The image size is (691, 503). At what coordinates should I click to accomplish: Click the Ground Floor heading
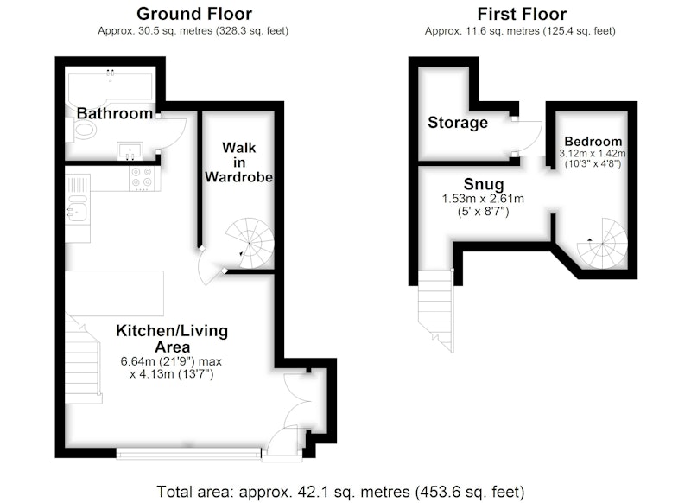coord(193,14)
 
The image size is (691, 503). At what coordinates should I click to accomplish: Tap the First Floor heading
coord(522,14)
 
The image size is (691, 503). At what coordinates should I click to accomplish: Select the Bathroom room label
coord(115,113)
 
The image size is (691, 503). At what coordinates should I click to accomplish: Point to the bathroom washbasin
coord(130,150)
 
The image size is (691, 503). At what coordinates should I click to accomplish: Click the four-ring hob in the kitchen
coord(142,177)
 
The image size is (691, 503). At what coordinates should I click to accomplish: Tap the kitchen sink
coord(77,212)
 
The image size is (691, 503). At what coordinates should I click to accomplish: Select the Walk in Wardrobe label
coord(238,162)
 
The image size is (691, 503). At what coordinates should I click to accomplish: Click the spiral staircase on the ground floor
coord(250,244)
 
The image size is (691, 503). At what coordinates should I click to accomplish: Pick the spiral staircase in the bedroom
coord(602,244)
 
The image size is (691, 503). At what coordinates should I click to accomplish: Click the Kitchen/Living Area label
coord(172,338)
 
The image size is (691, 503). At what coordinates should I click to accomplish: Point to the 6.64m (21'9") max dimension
coord(171,361)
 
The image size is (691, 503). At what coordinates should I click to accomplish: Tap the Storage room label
coord(458,122)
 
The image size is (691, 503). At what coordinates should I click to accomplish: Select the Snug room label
coord(484,184)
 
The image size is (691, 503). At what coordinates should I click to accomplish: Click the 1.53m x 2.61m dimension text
coord(483,199)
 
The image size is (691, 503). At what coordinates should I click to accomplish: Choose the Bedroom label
coord(593,142)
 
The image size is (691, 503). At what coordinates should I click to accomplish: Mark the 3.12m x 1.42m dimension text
coord(593,154)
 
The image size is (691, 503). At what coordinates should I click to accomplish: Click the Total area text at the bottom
coord(340,492)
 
